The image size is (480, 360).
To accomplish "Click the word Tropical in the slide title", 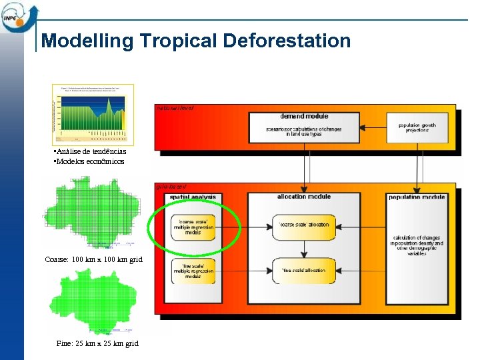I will point(178,41).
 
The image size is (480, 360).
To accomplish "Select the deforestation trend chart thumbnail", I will point(93,115).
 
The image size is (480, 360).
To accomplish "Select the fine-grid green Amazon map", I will point(94,301).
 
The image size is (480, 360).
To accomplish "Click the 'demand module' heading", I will point(304,116).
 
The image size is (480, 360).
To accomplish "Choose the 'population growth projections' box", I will point(417,127).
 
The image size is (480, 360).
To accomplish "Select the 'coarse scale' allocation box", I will point(304,225).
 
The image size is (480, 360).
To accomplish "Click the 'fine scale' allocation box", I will point(304,270).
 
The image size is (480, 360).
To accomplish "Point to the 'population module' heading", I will point(417,197).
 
